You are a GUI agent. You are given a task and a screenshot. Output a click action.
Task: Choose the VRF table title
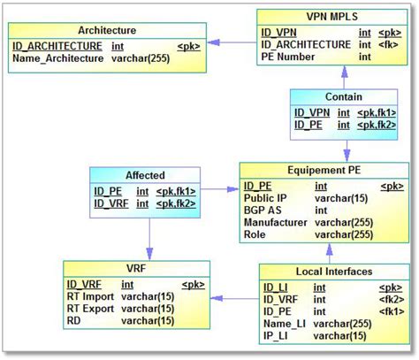[136, 269]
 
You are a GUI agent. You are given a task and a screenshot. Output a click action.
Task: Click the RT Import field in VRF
[93, 296]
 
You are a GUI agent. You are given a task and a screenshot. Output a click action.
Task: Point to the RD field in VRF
[74, 321]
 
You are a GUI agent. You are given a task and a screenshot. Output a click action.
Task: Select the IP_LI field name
[277, 336]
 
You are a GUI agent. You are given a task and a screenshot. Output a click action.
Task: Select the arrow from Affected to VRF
[149, 239]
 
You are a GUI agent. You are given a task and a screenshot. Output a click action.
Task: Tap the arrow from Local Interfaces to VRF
[233, 298]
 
